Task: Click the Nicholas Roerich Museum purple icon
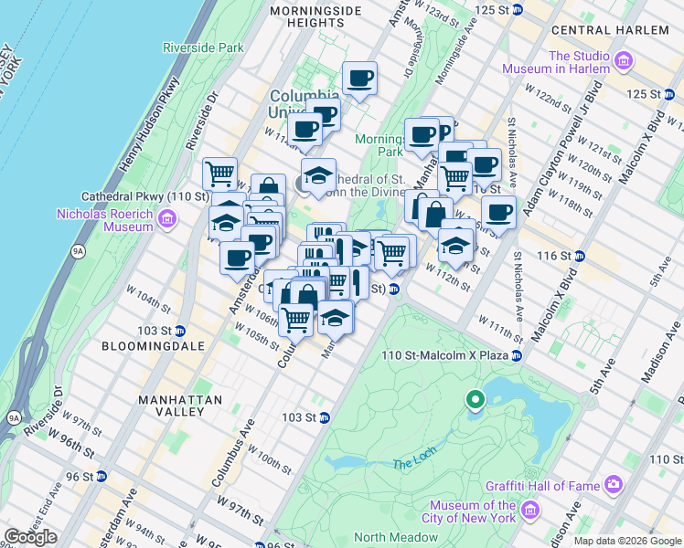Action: pyautogui.click(x=166, y=218)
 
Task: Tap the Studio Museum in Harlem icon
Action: pyautogui.click(x=625, y=62)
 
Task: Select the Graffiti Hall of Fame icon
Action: pyautogui.click(x=613, y=483)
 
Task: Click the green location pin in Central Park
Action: pyautogui.click(x=475, y=399)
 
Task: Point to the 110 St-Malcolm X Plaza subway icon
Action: pyautogui.click(x=517, y=355)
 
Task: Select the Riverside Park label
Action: pyautogui.click(x=203, y=47)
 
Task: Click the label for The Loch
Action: pyautogui.click(x=409, y=465)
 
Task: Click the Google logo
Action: pyautogui.click(x=31, y=537)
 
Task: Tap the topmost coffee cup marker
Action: pyautogui.click(x=360, y=79)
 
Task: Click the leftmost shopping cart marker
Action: pyautogui.click(x=219, y=173)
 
